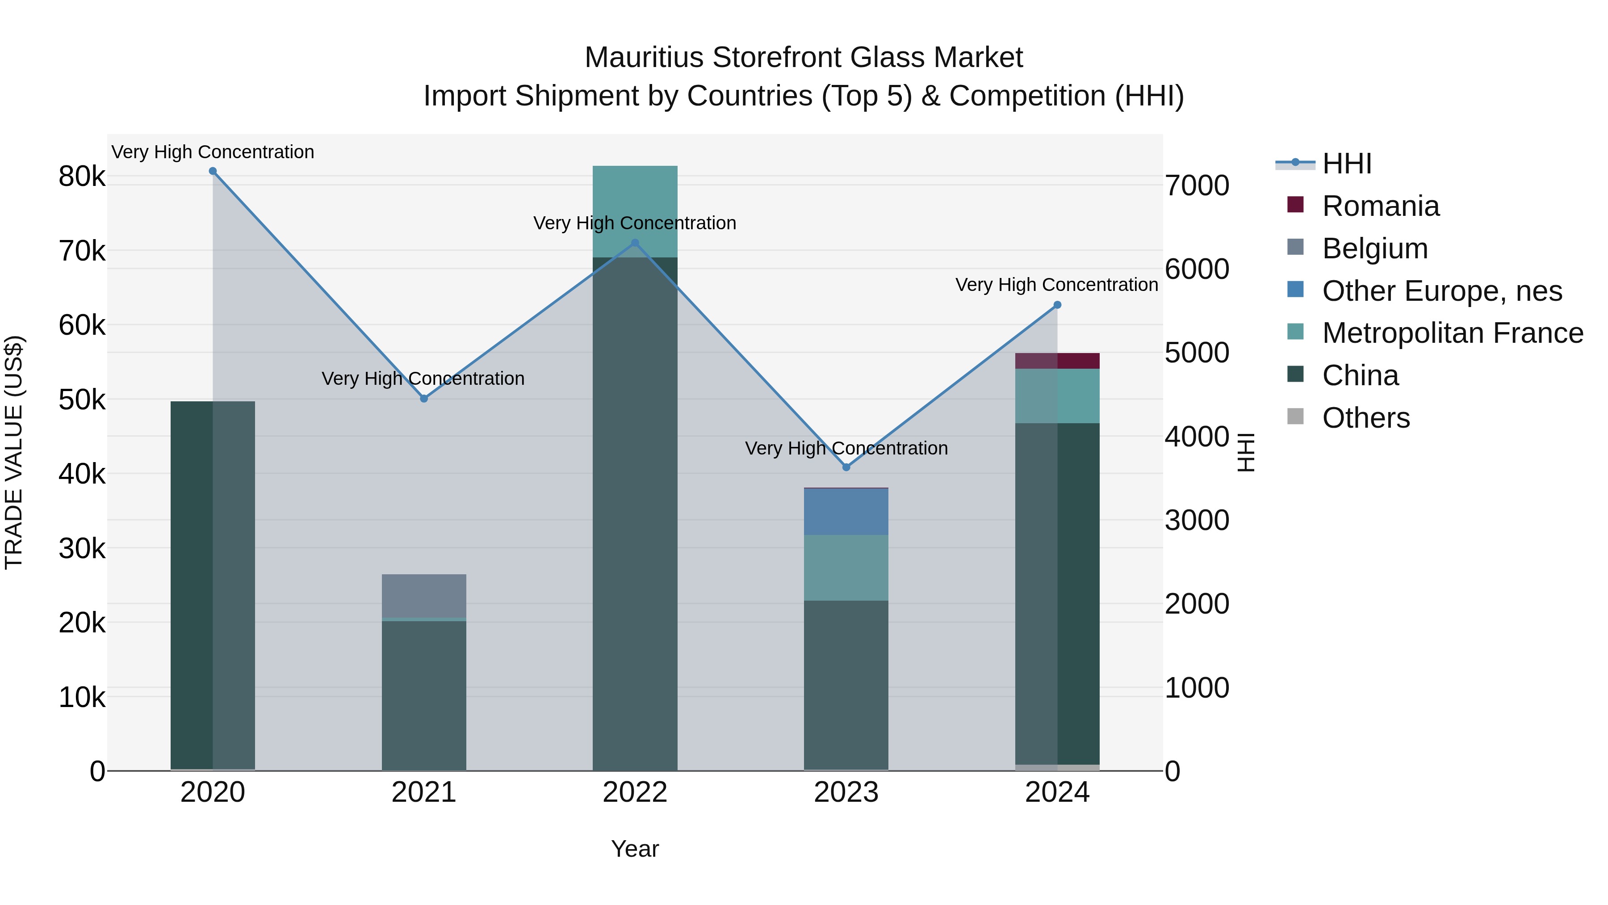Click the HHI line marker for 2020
pos(213,171)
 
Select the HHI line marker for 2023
pos(846,467)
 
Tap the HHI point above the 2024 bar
pos(1057,305)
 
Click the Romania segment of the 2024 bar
pos(1057,361)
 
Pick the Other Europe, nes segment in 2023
pos(846,512)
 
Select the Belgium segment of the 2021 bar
pos(424,596)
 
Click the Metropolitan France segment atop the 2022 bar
pos(635,211)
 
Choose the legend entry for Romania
pos(1380,206)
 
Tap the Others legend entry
pos(1365,418)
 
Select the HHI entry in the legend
pos(1346,164)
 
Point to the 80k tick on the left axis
pos(82,177)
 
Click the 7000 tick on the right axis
pos(1197,185)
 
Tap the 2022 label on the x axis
pos(635,792)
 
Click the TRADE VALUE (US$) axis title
pos(14,452)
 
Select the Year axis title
pos(635,849)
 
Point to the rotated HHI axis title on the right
pos(1245,452)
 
